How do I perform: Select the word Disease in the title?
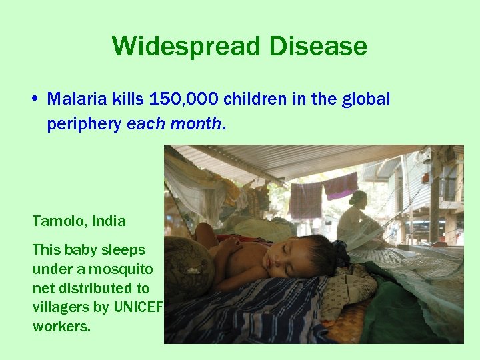[x=318, y=47]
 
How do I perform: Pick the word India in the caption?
[x=108, y=220]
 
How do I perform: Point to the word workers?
[x=61, y=327]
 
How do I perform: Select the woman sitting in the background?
[x=360, y=220]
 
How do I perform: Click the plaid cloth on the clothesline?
[x=306, y=199]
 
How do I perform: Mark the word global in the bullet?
[x=365, y=100]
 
